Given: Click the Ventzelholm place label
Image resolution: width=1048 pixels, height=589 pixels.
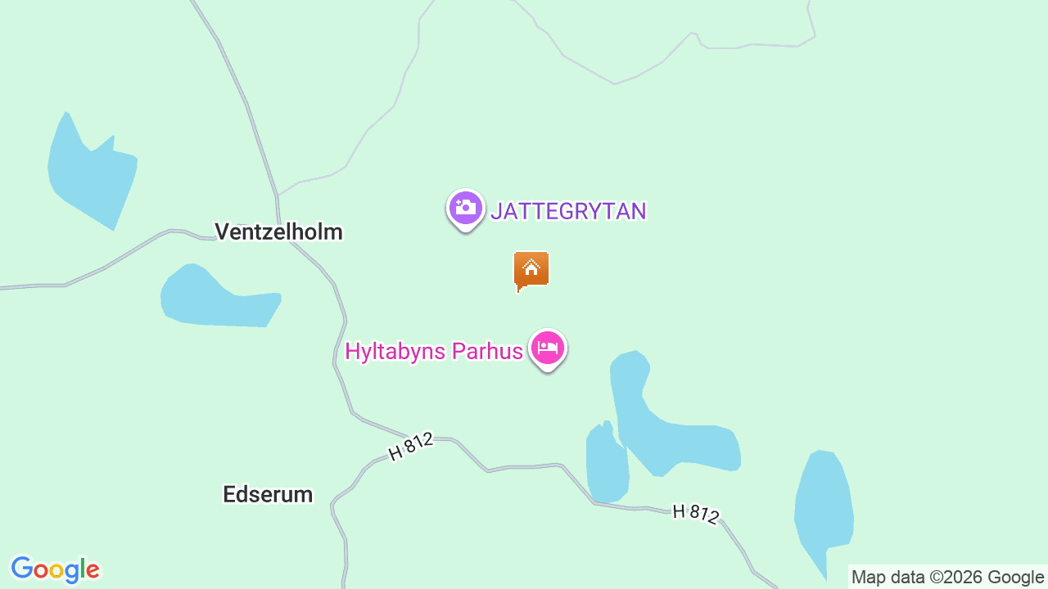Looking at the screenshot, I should [x=278, y=232].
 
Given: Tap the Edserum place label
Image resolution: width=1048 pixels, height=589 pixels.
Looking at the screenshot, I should [x=268, y=494].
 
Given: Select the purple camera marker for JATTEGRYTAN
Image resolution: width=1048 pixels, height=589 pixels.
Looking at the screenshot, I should [x=465, y=208].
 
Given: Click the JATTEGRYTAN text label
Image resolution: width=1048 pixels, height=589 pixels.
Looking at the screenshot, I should [x=568, y=211].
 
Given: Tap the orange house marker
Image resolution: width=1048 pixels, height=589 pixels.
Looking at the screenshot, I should [x=531, y=269].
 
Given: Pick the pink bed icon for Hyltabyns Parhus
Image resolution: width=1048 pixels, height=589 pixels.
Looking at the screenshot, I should [x=547, y=348].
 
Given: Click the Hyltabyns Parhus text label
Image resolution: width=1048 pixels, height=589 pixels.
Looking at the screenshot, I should [x=433, y=352].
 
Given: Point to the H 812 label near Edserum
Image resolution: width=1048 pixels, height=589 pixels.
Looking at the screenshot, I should [x=410, y=447].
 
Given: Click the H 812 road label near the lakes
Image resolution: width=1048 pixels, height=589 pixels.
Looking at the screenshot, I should [x=695, y=513].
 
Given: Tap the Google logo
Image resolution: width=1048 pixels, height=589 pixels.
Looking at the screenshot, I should [x=55, y=569].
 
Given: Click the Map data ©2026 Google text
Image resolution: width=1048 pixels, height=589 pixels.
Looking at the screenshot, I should [x=947, y=577].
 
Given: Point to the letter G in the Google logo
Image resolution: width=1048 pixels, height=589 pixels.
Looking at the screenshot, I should [x=22, y=569].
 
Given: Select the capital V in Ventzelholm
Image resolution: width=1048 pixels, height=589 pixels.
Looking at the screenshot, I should [x=222, y=232].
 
